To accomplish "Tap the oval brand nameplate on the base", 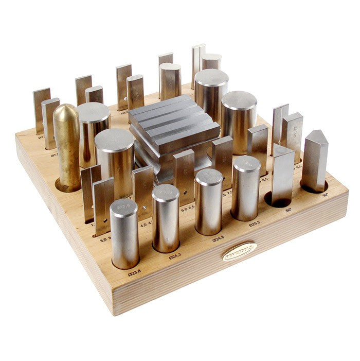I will [239, 251].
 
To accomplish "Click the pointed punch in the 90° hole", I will [314, 161].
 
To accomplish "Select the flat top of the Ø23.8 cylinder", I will [124, 207].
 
